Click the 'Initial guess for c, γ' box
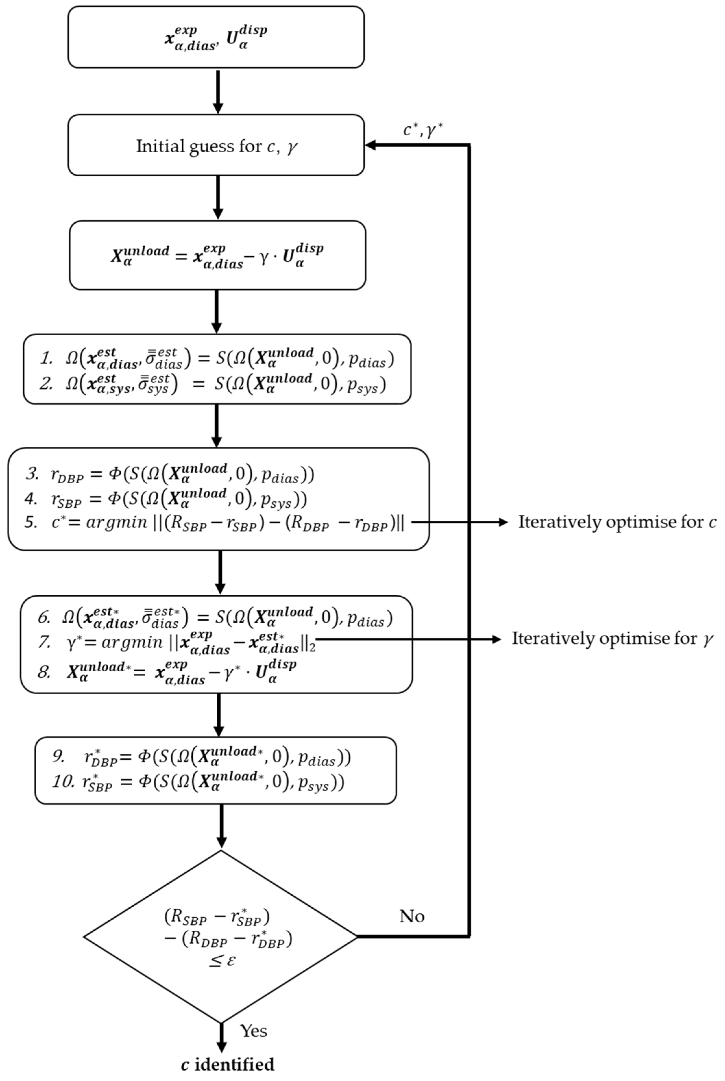pyautogui.click(x=216, y=146)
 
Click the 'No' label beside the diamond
pyautogui.click(x=412, y=916)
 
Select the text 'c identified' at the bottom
pyautogui.click(x=227, y=1064)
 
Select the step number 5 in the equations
pyautogui.click(x=30, y=522)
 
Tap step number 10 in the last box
pyautogui.click(x=62, y=782)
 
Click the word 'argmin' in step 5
pyautogui.click(x=116, y=522)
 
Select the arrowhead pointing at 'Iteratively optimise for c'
pyautogui.click(x=503, y=522)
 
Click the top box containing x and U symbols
pyautogui.click(x=216, y=37)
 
